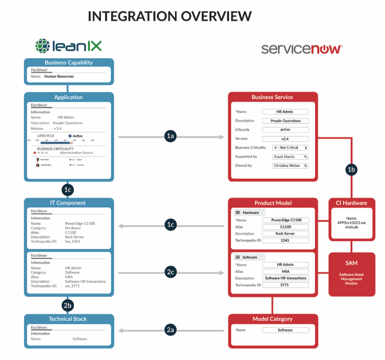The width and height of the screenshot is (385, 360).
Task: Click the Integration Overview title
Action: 170,16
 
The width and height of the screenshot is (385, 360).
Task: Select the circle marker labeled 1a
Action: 170,136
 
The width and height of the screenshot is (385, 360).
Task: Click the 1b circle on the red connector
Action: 351,170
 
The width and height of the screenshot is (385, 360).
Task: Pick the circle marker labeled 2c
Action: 170,272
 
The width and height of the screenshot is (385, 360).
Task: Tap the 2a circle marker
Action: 170,330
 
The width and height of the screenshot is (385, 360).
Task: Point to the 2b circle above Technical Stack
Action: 68,305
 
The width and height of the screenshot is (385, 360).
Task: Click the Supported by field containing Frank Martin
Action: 290,157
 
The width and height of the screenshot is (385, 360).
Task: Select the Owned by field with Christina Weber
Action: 290,165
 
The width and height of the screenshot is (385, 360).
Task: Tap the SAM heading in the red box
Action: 352,263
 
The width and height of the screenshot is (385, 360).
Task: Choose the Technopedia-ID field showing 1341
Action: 285,240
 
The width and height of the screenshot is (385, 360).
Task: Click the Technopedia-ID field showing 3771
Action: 285,285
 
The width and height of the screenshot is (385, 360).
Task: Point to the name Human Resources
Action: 59,77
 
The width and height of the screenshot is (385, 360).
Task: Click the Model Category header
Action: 272,319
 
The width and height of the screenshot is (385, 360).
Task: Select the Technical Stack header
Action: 68,319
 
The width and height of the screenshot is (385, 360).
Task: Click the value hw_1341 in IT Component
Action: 73,241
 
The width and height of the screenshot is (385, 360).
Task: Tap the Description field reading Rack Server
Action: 285,234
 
